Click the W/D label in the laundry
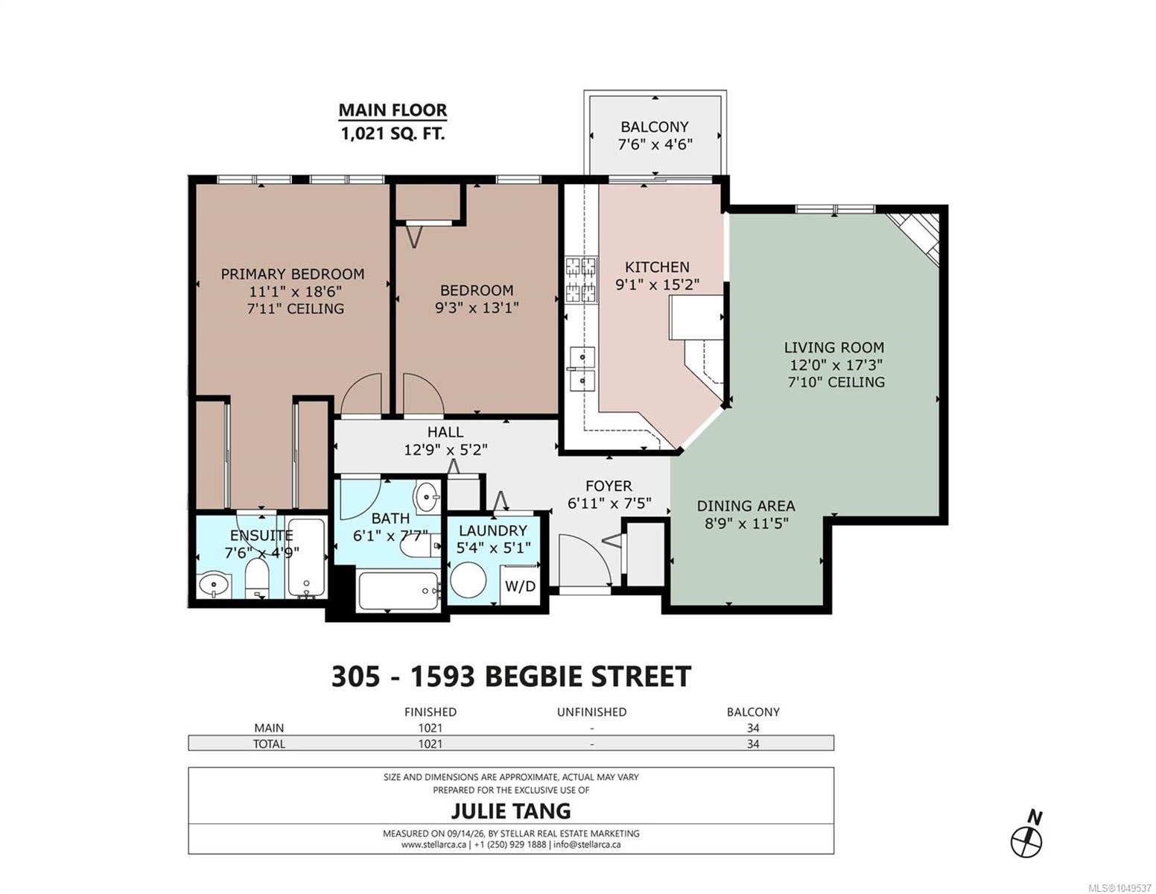pos(520,586)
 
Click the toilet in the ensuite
pos(258,581)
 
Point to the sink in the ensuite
pos(214,586)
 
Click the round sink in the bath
pos(428,497)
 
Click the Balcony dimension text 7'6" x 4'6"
pos(655,144)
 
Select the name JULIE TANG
pos(511,811)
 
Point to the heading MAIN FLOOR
pos(393,110)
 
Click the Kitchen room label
pos(657,267)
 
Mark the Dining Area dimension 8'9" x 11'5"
pos(746,524)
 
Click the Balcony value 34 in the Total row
pos(753,744)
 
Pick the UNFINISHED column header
pos(591,712)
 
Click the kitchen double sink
pos(581,369)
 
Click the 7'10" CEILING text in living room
pos(836,382)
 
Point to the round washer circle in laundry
pos(469,580)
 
